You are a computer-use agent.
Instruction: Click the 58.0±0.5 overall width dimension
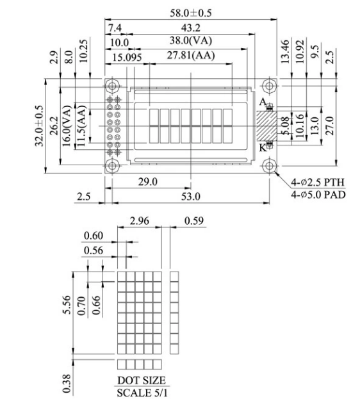coord(191,13)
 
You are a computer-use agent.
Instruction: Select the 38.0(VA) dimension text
coord(191,40)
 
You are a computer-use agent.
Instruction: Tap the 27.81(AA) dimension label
coord(191,55)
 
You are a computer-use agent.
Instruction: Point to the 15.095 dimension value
coord(127,57)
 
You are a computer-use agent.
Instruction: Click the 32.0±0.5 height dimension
coord(39,126)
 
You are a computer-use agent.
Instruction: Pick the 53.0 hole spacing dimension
coord(191,197)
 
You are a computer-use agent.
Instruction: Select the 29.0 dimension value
coord(147,182)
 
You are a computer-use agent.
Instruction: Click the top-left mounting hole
coord(112,85)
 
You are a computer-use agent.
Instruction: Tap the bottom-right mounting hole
coord(269,166)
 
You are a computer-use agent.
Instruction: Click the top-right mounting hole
coord(269,85)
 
